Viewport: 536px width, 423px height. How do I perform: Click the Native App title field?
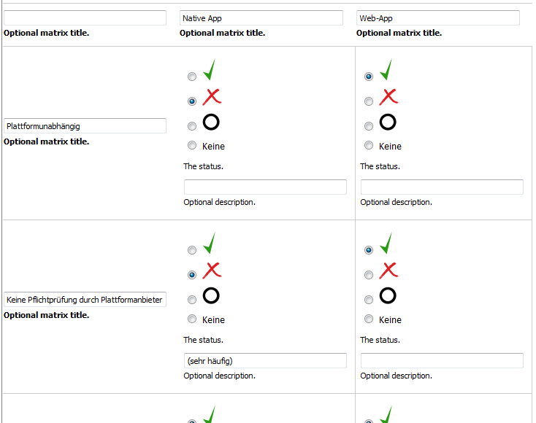261,18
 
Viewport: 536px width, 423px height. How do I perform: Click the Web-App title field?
437,18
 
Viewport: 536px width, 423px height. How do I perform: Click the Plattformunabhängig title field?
85,126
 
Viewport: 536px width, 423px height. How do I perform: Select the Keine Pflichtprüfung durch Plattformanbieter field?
85,300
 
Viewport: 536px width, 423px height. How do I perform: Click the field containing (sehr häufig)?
265,361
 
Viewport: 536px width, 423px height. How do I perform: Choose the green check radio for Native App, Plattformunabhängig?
192,77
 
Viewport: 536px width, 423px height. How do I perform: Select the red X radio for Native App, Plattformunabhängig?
192,101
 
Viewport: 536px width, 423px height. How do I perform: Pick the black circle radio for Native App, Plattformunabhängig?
192,126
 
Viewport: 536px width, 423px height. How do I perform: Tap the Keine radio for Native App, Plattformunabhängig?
192,145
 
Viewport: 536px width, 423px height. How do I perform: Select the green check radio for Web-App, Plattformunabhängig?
369,77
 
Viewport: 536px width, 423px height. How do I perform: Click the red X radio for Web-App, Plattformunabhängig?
369,101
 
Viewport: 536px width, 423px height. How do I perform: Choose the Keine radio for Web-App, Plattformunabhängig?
369,145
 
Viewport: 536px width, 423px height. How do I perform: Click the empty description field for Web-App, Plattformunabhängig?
442,187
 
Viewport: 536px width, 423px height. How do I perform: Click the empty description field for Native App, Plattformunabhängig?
265,187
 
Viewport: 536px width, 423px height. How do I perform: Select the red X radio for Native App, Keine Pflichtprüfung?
192,275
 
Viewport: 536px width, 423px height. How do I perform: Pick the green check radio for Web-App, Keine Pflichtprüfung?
369,250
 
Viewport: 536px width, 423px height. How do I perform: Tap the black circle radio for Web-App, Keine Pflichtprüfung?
369,300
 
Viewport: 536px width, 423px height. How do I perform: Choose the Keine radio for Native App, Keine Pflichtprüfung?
192,319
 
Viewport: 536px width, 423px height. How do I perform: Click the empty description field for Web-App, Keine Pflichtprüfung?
442,361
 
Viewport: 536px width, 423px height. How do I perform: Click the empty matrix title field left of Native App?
85,18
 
